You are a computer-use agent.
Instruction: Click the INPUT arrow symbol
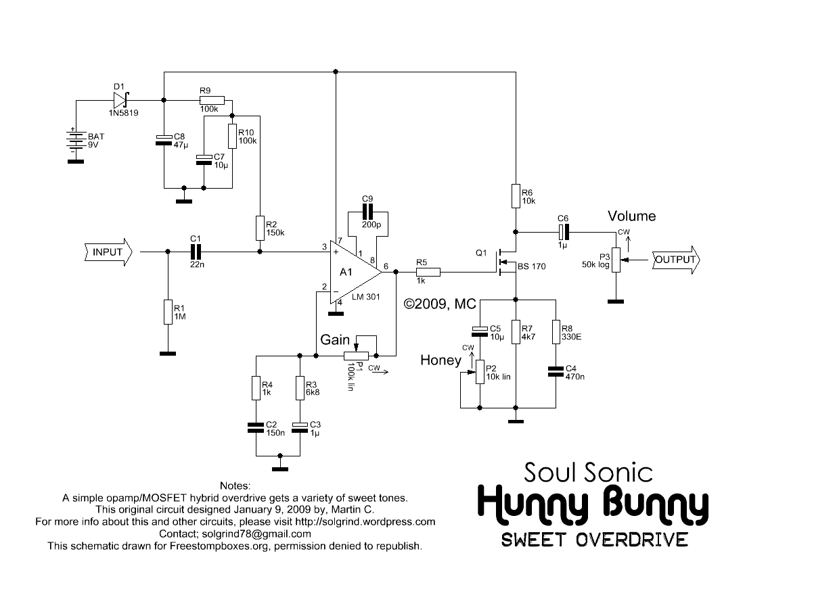pos(108,252)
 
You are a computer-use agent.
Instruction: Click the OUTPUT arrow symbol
pos(676,260)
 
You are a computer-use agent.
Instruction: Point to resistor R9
pos(212,100)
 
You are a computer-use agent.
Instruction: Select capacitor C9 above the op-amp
pos(367,212)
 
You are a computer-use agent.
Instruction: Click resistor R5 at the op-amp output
pos(428,273)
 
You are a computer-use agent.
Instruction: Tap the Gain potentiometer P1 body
pos(356,356)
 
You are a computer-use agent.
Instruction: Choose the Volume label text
pos(631,216)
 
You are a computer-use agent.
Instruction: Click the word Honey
pos(441,360)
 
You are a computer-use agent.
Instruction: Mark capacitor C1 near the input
pos(196,252)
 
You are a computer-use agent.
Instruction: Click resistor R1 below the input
pos(168,312)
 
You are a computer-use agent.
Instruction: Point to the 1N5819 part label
pos(123,113)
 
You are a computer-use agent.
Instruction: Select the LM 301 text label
pos(365,297)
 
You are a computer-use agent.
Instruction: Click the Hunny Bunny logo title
pos(593,504)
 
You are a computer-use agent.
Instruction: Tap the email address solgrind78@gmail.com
pos(256,534)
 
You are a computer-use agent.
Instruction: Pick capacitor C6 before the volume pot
pos(564,232)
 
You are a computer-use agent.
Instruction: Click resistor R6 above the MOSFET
pos(516,196)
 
